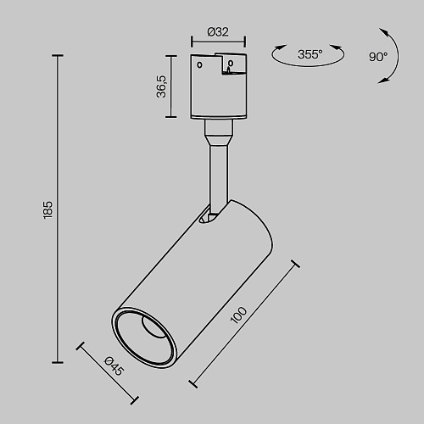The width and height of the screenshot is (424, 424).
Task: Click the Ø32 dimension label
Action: [218, 32]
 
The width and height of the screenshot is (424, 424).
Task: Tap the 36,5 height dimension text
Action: [161, 86]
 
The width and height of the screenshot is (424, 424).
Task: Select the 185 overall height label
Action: [47, 209]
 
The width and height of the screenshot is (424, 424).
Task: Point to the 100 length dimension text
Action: [238, 315]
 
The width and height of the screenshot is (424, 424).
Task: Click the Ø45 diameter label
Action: [114, 366]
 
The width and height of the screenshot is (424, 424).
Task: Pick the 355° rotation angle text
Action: [310, 54]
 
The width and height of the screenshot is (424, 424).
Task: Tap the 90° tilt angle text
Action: [378, 57]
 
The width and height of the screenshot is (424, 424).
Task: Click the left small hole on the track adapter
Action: [199, 65]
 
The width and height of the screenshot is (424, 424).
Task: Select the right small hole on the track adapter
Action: [231, 63]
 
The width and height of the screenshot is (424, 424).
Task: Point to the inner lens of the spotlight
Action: [153, 326]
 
